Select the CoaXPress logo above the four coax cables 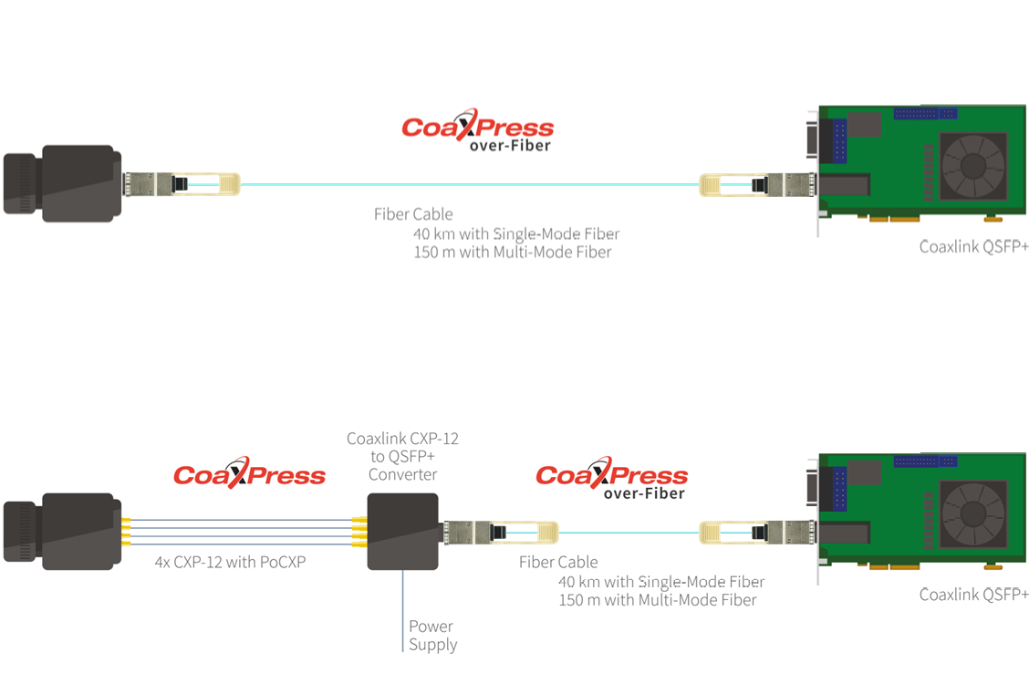click(249, 473)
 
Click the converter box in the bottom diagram click(402, 532)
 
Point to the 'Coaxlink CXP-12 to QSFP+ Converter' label click(402, 456)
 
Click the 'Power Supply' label click(432, 636)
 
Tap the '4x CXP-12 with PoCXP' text click(230, 562)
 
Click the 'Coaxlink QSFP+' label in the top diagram click(973, 246)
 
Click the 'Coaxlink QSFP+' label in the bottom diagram click(973, 595)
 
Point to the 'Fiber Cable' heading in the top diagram click(412, 214)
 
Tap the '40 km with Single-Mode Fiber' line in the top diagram click(515, 233)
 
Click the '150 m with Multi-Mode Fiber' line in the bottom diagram click(657, 600)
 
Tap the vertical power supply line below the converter click(402, 611)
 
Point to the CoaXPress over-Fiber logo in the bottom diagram click(611, 478)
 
